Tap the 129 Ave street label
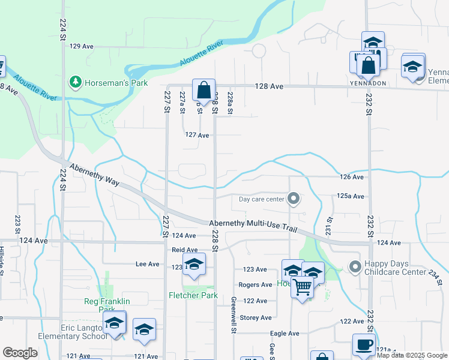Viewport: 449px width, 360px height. click(x=82, y=46)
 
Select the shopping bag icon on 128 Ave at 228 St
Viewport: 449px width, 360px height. click(x=203, y=90)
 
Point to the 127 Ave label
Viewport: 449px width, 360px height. click(x=196, y=136)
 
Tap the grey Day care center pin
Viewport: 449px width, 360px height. click(x=294, y=198)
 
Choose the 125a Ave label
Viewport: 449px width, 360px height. click(x=351, y=196)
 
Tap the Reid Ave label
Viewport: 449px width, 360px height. click(x=185, y=250)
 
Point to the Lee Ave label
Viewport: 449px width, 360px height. click(x=148, y=263)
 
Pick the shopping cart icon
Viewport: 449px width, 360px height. click(x=302, y=287)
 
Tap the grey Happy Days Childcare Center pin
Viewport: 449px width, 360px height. click(x=355, y=266)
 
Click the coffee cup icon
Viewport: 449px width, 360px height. click(x=363, y=345)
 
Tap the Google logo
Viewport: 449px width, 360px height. click(x=19, y=353)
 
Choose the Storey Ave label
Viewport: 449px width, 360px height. click(x=256, y=317)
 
